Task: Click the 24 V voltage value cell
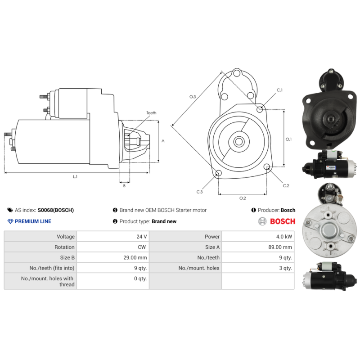[141, 237]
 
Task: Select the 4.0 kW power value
[284, 237]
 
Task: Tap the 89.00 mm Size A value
[280, 247]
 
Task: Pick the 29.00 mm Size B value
[136, 257]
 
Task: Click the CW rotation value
[142, 247]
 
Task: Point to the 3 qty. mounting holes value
[285, 268]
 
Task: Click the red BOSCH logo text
[282, 221]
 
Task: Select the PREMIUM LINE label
[33, 221]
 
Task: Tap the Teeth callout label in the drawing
[151, 113]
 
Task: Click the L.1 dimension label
[76, 177]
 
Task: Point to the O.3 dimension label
[193, 97]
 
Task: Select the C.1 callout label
[279, 90]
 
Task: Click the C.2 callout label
[286, 186]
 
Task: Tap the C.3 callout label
[199, 192]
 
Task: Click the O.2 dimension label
[242, 198]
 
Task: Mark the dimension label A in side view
[163, 141]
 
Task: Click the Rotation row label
[64, 247]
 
